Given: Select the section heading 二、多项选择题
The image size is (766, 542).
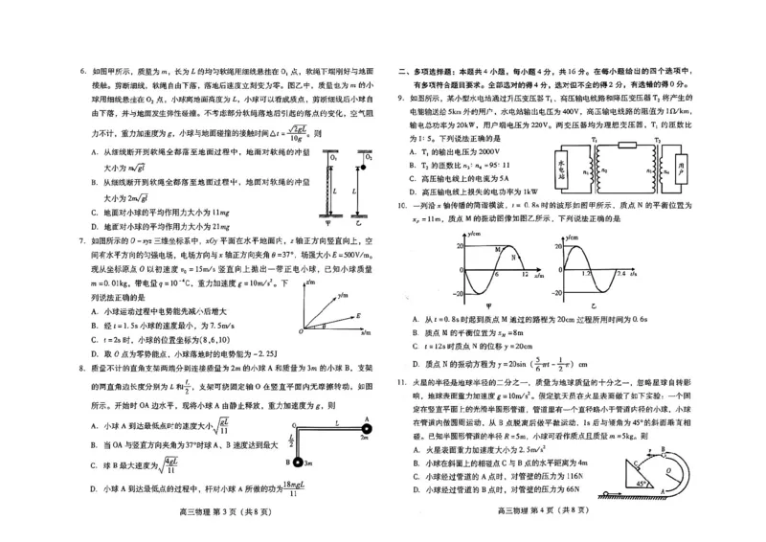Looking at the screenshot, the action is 431,71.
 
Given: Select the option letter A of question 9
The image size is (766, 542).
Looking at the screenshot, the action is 415,152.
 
